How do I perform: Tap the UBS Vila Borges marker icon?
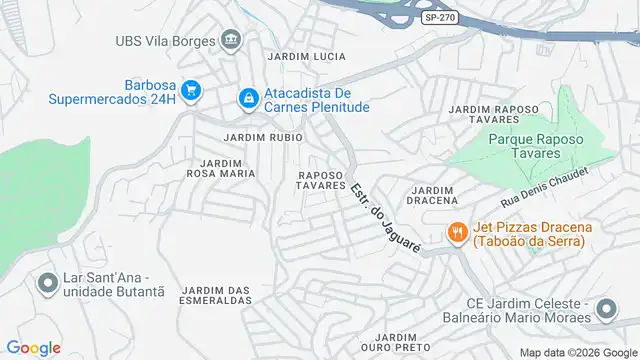pos(232,41)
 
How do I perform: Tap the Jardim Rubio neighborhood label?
pos(263,137)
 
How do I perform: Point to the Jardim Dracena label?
pos(432,195)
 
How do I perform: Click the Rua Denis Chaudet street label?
pos(548,186)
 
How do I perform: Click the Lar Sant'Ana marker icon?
pos(46,283)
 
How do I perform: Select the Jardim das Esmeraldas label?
pos(215,295)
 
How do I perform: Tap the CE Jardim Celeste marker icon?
pos(604,309)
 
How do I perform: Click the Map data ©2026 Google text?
pos(576,352)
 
